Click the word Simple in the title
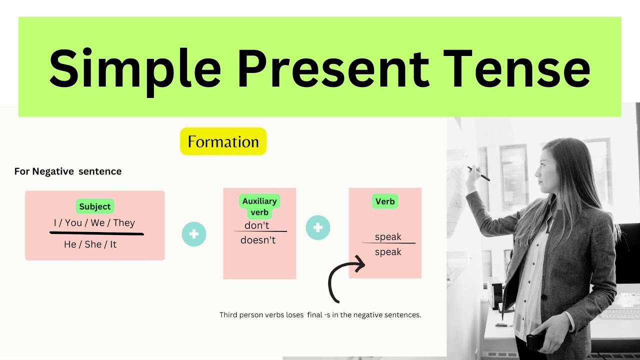135,67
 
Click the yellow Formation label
223,141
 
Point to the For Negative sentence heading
68,171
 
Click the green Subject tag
94,206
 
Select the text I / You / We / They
94,223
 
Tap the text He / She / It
90,244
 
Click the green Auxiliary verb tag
259,206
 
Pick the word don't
257,225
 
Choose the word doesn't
258,240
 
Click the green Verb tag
385,202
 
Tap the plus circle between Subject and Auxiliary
194,234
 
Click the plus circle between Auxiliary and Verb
317,228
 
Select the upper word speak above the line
388,237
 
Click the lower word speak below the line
388,252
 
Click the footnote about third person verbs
320,315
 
